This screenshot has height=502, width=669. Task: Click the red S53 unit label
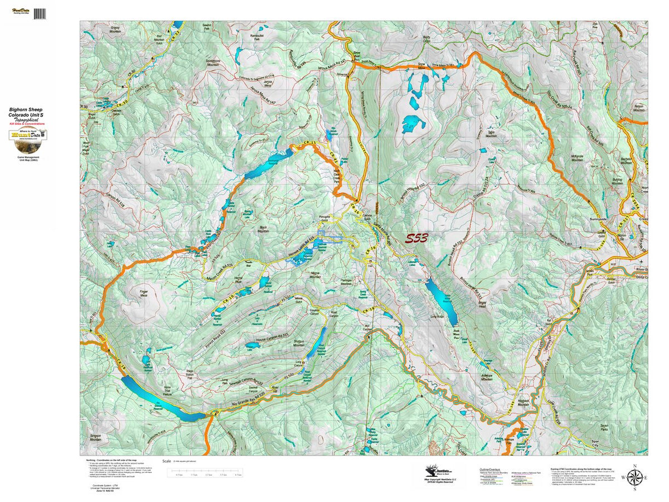tap(416, 239)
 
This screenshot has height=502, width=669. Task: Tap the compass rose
tap(634, 477)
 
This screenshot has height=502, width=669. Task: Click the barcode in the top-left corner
tap(40, 13)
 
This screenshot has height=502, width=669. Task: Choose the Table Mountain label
tap(491, 135)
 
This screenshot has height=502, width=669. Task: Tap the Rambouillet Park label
tap(257, 38)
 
